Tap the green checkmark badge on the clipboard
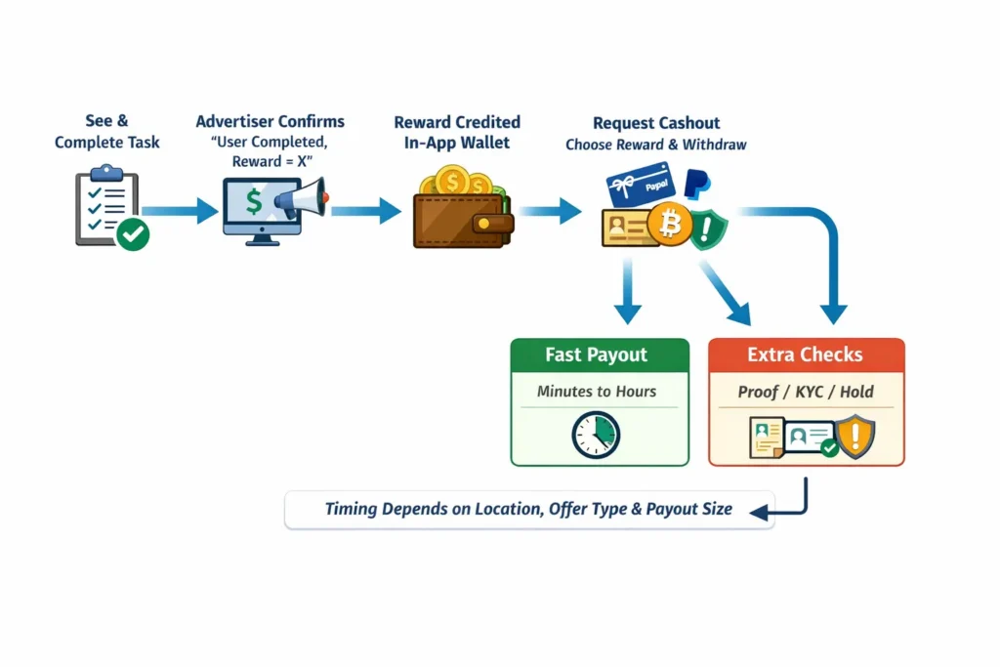pos(133,234)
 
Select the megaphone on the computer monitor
pos(300,200)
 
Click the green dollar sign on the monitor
pos(254,202)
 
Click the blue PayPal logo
pos(697,184)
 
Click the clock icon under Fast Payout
pos(596,434)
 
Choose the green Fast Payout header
pos(599,354)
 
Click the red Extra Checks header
pos(806,354)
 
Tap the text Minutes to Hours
pos(597,392)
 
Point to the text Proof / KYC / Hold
pos(806,392)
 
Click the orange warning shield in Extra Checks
pos(856,436)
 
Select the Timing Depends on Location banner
pos(528,509)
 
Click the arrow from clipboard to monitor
pos(180,210)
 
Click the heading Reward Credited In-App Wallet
pos(457,132)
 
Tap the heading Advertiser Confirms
pos(271,122)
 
